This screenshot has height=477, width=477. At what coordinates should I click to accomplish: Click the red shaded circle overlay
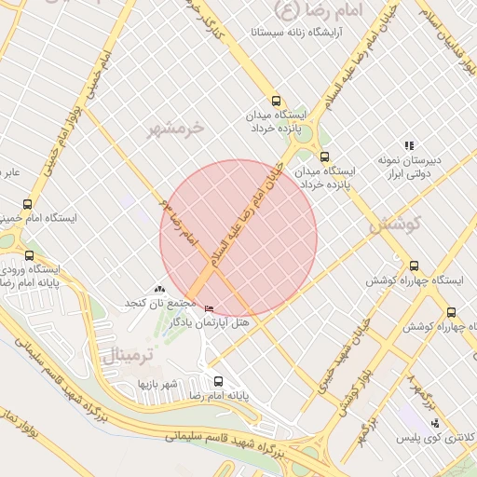(x=238, y=238)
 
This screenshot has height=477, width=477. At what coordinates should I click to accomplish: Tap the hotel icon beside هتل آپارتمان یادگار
(x=208, y=308)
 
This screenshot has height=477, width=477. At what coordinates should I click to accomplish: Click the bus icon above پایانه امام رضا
(x=218, y=381)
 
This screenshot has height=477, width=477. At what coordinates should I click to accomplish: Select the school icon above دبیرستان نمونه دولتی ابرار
(x=408, y=145)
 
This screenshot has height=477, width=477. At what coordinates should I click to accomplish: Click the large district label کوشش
(x=395, y=225)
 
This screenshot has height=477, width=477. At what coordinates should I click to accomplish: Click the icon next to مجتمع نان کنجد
(x=159, y=291)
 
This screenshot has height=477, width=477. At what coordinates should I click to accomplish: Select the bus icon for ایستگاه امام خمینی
(x=27, y=204)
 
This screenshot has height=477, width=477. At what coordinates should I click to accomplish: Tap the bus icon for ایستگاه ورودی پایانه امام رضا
(x=30, y=254)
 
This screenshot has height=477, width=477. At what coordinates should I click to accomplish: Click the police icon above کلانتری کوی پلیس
(x=434, y=424)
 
